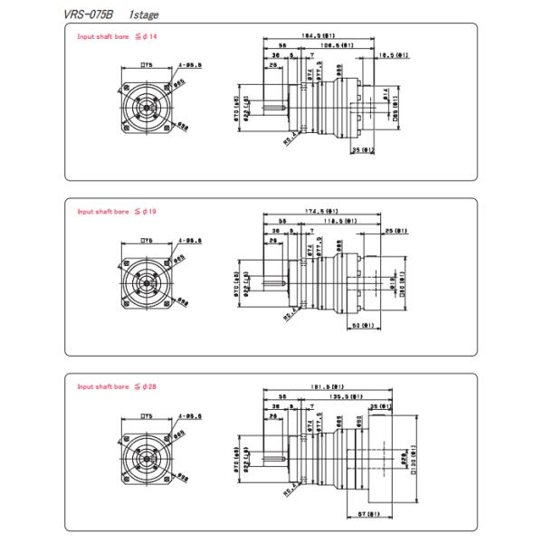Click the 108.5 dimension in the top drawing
[338, 44]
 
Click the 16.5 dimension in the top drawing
[395, 54]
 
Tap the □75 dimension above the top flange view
[146, 67]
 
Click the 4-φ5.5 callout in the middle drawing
[189, 241]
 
